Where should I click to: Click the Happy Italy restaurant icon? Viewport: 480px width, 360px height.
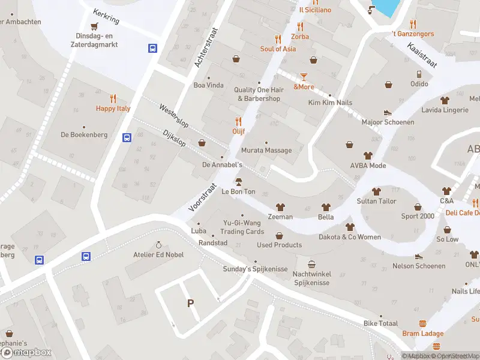coord(113,99)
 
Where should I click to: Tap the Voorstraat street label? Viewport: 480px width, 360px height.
coord(202,197)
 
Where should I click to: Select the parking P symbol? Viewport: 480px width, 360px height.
coord(191,304)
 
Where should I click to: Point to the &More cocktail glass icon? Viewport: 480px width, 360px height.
coord(304,77)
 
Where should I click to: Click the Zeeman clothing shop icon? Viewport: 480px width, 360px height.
coord(280,207)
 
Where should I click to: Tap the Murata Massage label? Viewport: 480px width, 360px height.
coord(266,151)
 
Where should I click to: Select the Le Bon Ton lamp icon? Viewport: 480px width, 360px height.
coord(238,182)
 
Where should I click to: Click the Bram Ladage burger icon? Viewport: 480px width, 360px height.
coord(423,323)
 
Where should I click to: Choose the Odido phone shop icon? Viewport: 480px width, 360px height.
coord(419,74)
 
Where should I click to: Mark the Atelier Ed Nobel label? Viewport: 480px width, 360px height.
coord(158,254)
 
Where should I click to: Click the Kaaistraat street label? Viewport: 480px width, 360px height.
coord(422,55)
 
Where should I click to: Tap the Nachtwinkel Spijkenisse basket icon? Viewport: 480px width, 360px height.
coord(311,264)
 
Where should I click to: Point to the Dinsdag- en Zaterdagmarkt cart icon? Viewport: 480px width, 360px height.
coord(94,26)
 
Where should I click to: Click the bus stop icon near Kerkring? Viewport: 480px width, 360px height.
coord(153,49)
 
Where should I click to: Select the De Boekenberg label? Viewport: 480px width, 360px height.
coord(84,135)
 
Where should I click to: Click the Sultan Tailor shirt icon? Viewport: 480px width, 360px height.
coord(376,191)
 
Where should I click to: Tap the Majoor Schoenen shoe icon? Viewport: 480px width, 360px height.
coord(388,112)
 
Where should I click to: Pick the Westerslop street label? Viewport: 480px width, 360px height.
coord(173,116)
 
